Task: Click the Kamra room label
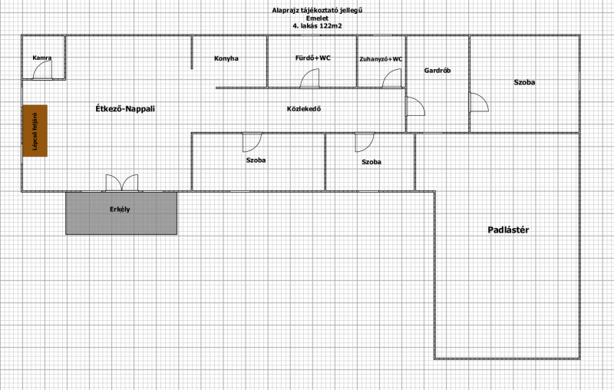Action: (42, 58)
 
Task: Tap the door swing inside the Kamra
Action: (42, 70)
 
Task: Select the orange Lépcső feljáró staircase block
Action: (35, 131)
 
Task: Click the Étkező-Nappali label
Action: (125, 109)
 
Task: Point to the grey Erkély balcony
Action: (121, 213)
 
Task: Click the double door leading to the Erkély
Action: (122, 183)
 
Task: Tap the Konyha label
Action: (226, 58)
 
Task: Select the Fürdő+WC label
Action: (313, 58)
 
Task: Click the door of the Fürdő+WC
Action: (310, 78)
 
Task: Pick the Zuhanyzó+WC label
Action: (381, 59)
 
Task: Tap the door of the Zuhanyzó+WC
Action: (392, 78)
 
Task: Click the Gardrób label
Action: (437, 71)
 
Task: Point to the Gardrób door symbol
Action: (415, 106)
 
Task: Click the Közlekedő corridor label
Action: (304, 109)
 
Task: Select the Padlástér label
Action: (508, 230)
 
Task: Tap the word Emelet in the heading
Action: (317, 18)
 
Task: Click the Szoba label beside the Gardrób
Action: (524, 82)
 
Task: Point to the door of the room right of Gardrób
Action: (479, 102)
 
